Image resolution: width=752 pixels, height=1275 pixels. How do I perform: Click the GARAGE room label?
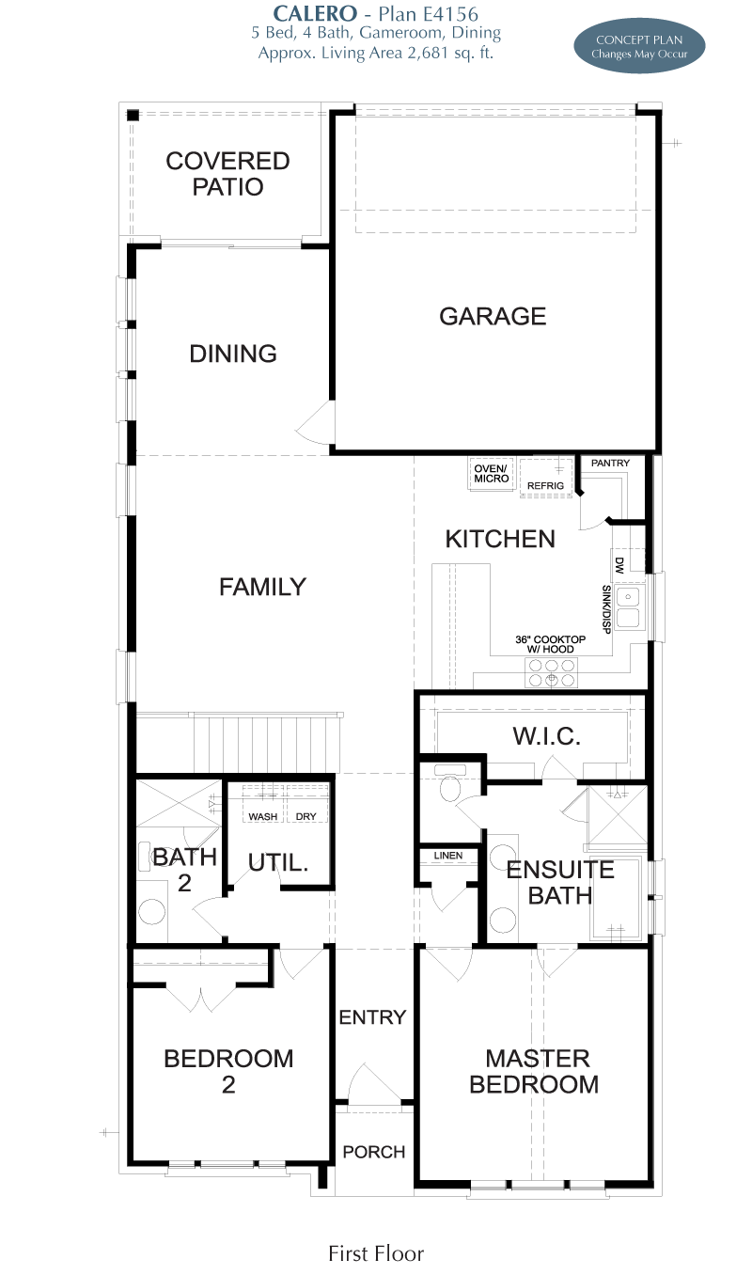[x=493, y=317]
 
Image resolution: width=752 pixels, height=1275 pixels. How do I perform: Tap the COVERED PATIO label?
[x=227, y=174]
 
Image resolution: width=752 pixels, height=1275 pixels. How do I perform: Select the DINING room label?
[x=233, y=354]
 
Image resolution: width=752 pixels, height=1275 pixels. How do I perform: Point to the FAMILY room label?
[x=263, y=587]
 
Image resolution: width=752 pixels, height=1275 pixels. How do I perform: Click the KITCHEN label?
[x=500, y=539]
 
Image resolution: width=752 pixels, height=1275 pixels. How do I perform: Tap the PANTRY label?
[x=610, y=464]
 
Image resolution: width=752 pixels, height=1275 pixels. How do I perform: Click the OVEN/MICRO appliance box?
[x=492, y=474]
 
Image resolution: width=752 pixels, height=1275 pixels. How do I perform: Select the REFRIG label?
[x=545, y=485]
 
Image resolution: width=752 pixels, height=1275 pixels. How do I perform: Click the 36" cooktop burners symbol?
[x=551, y=672]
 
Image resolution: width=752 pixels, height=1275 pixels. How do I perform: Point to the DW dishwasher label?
[x=619, y=565]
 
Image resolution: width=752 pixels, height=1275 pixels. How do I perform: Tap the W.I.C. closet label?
[x=547, y=736]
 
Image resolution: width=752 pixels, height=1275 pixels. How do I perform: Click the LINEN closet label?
[x=448, y=856]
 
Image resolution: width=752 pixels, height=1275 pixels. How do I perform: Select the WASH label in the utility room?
[x=263, y=817]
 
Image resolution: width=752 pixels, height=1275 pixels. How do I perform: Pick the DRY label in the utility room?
[x=306, y=817]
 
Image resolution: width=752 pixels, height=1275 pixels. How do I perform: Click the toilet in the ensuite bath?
[x=450, y=784]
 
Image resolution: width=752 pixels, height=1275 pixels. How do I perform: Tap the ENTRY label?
[x=372, y=1016]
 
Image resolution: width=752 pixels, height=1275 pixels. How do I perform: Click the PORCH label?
[x=374, y=1152]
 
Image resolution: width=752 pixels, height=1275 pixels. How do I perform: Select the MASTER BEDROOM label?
[x=534, y=1071]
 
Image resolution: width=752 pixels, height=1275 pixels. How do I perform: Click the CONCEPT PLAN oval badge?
[x=639, y=46]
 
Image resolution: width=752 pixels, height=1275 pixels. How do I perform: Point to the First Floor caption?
[x=376, y=1253]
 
